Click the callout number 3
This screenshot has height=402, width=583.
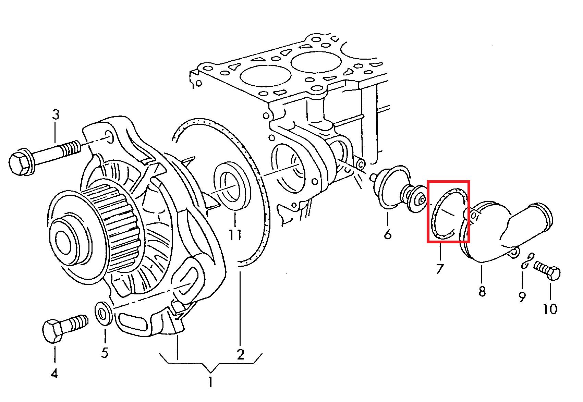tap(56, 115)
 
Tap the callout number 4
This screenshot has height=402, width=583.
tap(54, 374)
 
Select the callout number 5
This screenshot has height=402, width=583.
tap(105, 353)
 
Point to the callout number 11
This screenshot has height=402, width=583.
tap(235, 234)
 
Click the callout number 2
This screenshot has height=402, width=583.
tap(240, 354)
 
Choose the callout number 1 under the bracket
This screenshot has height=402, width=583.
tap(210, 382)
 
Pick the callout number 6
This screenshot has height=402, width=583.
tap(388, 234)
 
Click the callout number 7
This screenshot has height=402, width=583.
tap(440, 269)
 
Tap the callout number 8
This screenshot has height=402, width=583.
tap(482, 291)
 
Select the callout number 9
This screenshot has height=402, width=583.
tap(522, 297)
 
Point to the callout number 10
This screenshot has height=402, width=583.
tap(550, 309)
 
